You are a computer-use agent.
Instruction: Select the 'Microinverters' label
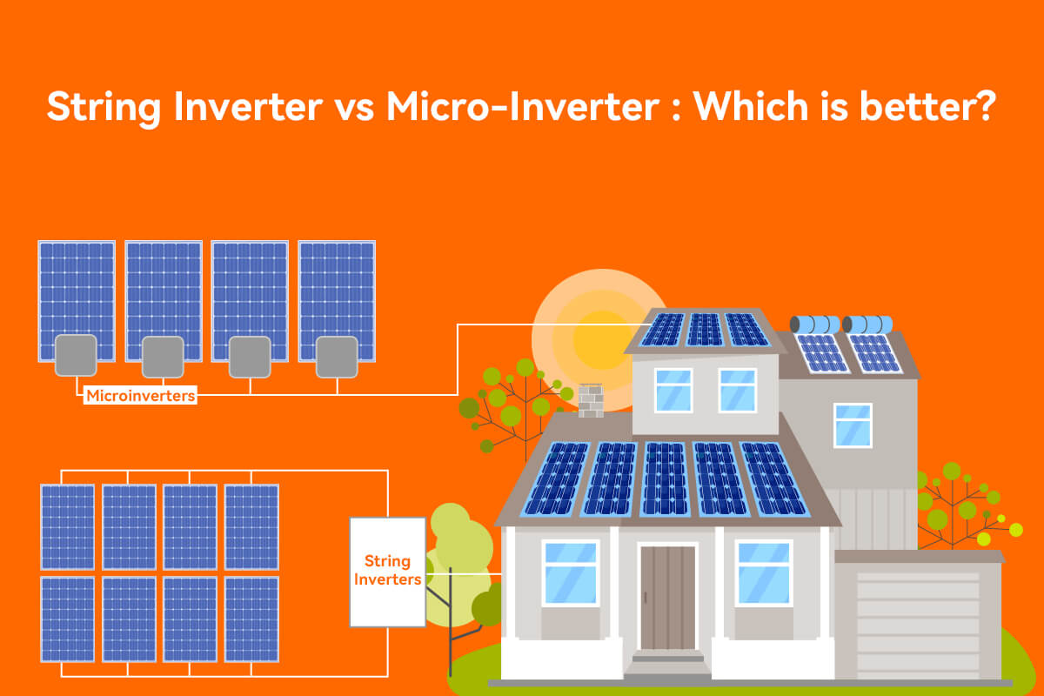(140, 397)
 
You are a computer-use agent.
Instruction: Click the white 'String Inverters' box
(387, 572)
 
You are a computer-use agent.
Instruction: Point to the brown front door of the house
(667, 597)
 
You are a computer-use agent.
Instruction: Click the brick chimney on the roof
(591, 400)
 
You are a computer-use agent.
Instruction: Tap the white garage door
(917, 623)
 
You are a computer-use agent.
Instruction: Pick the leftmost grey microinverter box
(76, 355)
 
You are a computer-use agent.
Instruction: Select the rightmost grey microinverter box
(337, 355)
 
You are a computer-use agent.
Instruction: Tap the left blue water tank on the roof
(814, 325)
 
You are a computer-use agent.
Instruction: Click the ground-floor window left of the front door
(570, 572)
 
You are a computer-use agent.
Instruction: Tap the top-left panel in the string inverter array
(68, 525)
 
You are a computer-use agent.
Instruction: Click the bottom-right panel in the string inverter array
(251, 619)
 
